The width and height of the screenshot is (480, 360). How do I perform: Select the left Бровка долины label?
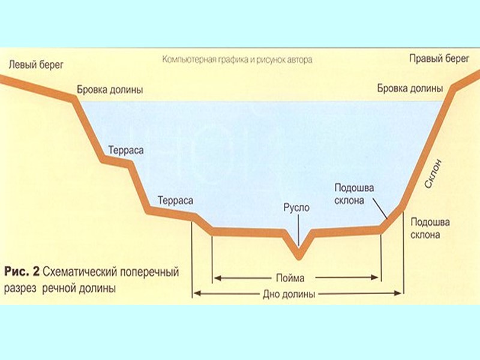tap(110, 90)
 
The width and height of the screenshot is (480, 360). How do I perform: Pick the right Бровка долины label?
tap(410, 88)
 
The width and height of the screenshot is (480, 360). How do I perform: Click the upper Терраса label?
tap(126, 150)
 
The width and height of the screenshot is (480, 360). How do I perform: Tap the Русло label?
tap(296, 208)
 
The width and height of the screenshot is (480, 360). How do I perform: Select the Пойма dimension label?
tap(292, 278)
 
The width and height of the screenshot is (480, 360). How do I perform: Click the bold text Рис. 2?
tap(20, 272)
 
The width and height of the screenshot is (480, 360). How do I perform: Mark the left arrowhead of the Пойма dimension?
tap(216, 278)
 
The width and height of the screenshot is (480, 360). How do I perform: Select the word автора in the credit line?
tap(298, 61)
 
